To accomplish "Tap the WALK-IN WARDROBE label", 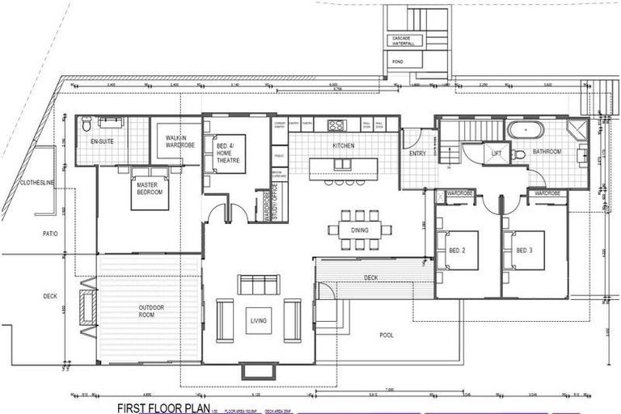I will [176, 142].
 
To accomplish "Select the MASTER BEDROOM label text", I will [149, 188].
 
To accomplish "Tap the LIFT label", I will [496, 151].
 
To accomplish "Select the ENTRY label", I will [417, 153].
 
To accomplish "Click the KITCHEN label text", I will [344, 146].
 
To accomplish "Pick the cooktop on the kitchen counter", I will [336, 125].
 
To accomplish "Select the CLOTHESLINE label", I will [36, 184].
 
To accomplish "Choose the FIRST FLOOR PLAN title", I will [163, 407].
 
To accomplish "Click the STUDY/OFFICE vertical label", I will [274, 202].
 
